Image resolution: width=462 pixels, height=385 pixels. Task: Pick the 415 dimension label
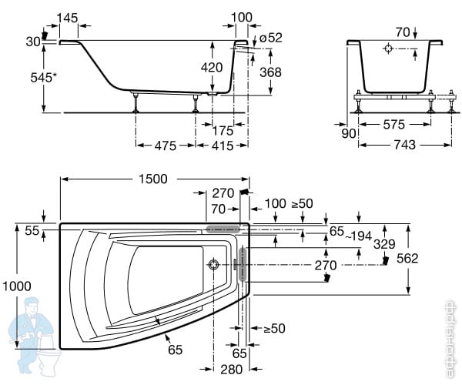tap(223, 145)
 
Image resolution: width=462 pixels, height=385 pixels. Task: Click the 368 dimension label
tap(270, 72)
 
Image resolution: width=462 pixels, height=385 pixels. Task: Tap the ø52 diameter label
tap(270, 38)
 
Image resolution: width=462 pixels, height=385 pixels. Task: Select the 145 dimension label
tap(67, 17)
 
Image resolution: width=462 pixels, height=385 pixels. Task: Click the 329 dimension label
tap(384, 244)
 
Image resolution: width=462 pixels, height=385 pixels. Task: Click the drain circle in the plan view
tap(213, 266)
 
